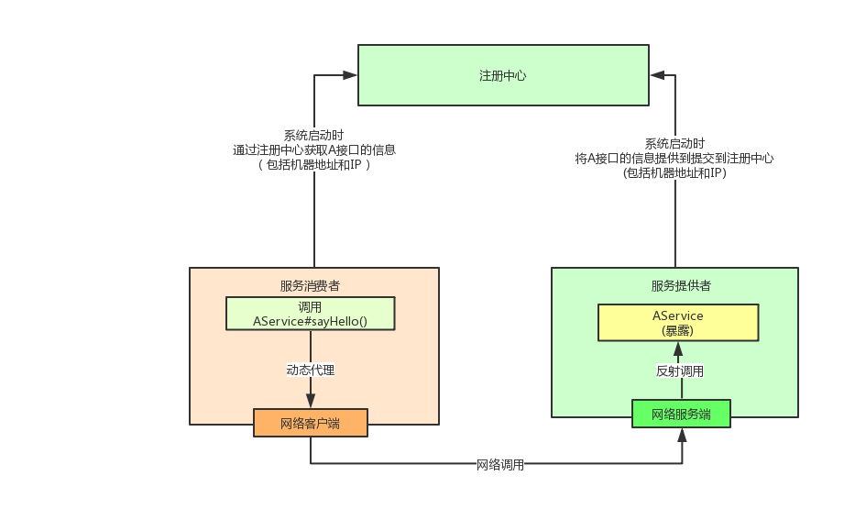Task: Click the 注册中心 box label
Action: (x=503, y=75)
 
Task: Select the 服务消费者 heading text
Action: (x=310, y=285)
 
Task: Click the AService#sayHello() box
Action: (x=310, y=314)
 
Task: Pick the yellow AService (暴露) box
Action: (x=678, y=322)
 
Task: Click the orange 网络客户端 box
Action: (x=310, y=423)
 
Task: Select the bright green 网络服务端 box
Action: (x=681, y=414)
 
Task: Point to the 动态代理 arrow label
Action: (x=310, y=371)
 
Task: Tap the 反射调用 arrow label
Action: (x=680, y=371)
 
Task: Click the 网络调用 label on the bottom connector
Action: (x=500, y=465)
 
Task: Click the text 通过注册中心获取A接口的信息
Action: (x=314, y=149)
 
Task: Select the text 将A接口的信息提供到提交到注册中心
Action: (x=674, y=158)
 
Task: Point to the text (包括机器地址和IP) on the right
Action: (x=674, y=171)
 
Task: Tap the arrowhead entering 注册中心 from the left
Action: (x=351, y=75)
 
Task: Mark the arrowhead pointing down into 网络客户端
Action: (x=310, y=401)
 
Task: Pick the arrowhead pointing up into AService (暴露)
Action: (x=678, y=349)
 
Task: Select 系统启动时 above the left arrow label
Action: (x=314, y=135)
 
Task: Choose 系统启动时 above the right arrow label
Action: (x=674, y=144)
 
